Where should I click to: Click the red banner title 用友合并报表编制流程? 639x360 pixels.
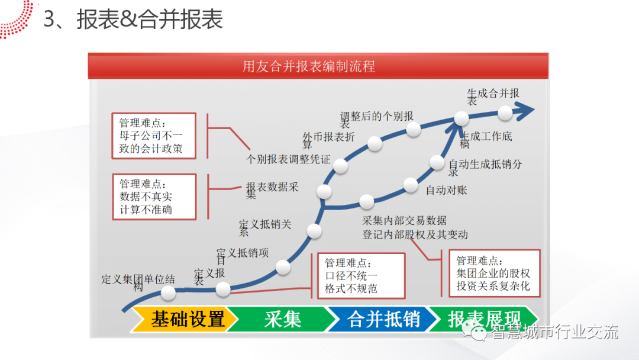(308, 66)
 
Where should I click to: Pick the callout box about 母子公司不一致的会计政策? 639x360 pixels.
(153, 136)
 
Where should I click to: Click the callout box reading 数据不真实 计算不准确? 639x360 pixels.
(153, 197)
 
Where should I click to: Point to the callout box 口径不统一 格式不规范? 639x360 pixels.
(361, 276)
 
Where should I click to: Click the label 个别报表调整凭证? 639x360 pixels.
(288, 159)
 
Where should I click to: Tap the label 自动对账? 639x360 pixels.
(446, 190)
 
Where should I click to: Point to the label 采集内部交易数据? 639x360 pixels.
(404, 221)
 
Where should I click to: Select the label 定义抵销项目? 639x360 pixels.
(242, 253)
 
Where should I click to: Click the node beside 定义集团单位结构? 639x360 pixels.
(168, 292)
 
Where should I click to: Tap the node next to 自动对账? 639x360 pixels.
(411, 185)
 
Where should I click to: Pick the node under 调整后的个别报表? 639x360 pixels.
(413, 129)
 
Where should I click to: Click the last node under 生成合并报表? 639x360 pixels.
(505, 112)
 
